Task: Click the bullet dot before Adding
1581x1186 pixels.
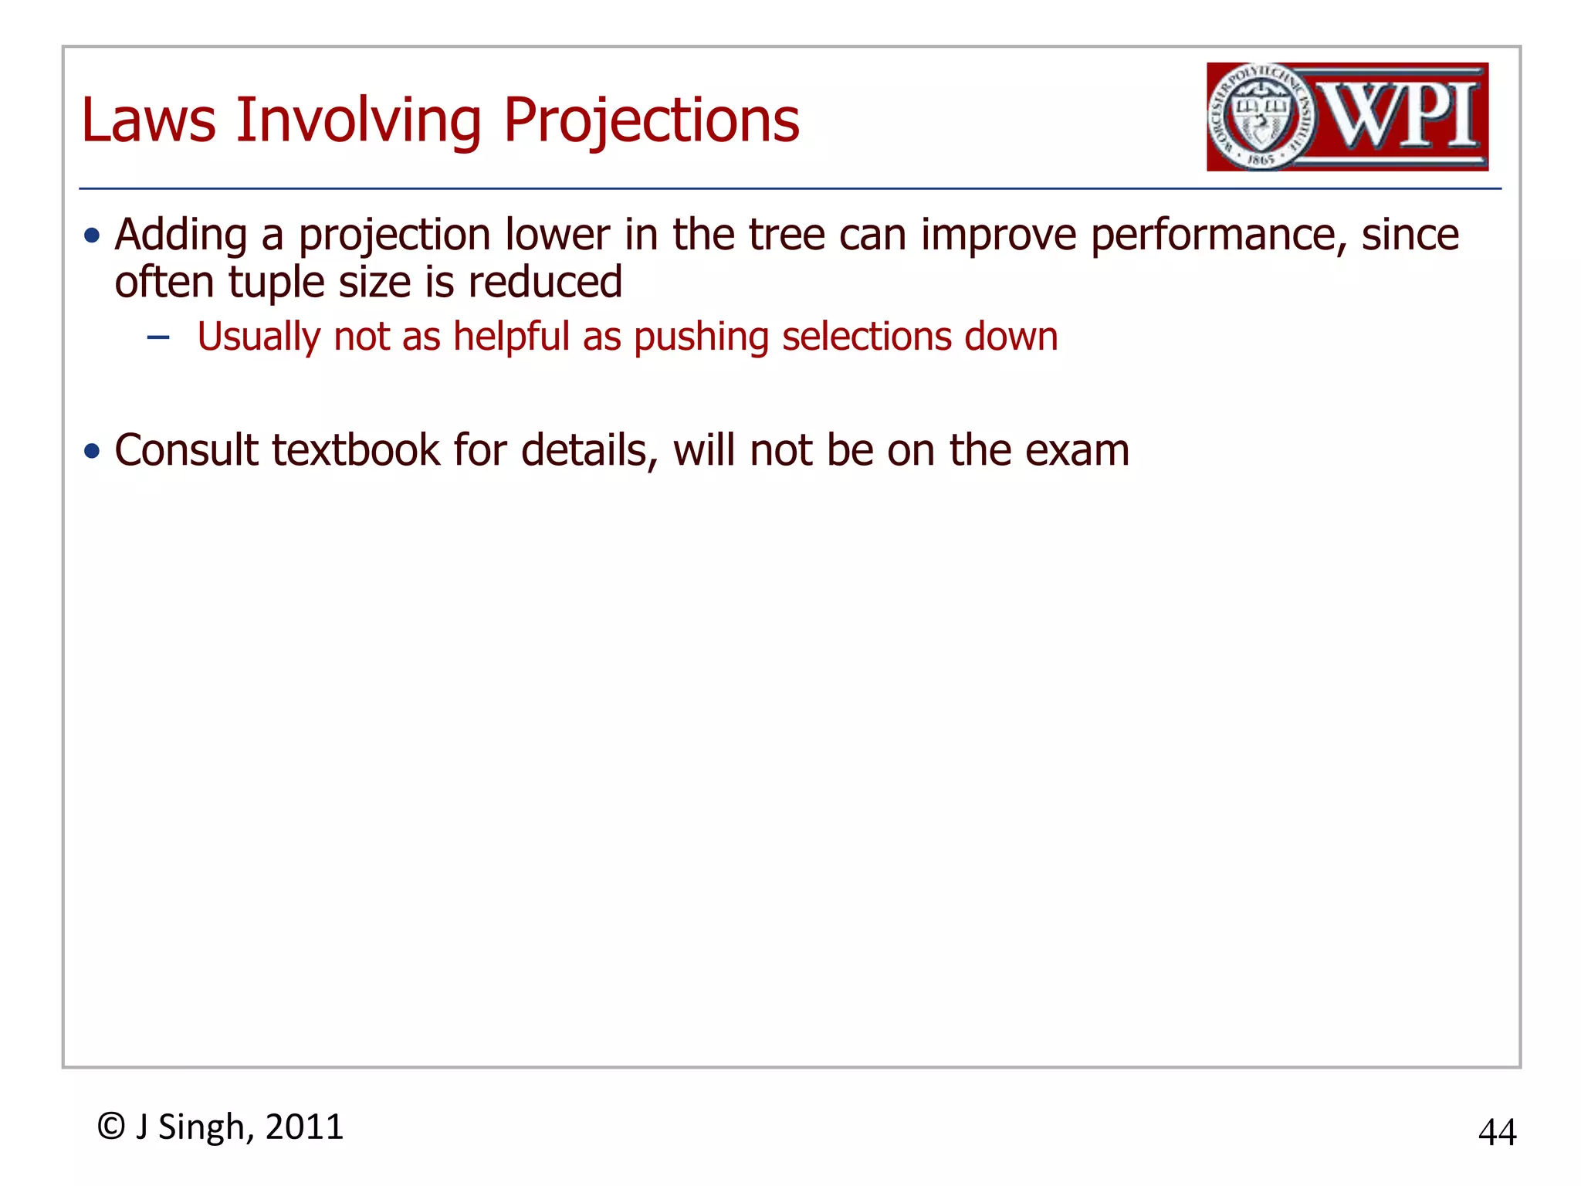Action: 93,235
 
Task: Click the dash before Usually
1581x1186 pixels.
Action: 158,337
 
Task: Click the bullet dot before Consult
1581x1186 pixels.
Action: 93,451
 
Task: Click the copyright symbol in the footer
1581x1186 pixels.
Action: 111,1127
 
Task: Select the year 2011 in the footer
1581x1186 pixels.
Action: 304,1127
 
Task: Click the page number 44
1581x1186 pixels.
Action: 1497,1133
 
